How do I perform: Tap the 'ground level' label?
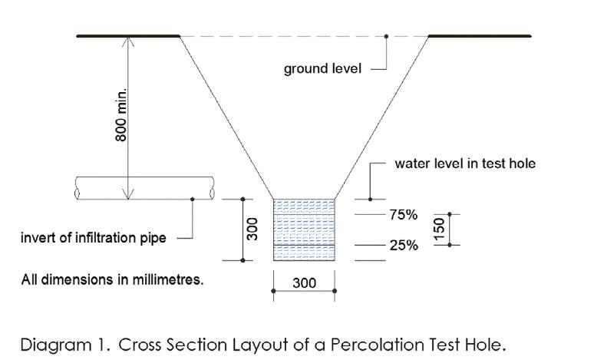pyautogui.click(x=323, y=69)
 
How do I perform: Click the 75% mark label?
pyautogui.click(x=403, y=215)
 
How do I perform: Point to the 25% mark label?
pyautogui.click(x=403, y=246)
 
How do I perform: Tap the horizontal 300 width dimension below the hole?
pyautogui.click(x=305, y=283)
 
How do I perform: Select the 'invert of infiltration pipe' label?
pyautogui.click(x=93, y=238)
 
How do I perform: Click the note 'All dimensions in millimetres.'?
pyautogui.click(x=112, y=279)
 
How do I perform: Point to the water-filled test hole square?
pyautogui.click(x=305, y=230)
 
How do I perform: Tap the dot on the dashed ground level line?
pyautogui.click(x=386, y=36)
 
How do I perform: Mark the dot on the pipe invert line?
pyautogui.click(x=192, y=199)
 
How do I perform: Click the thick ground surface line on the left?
pyautogui.click(x=127, y=36)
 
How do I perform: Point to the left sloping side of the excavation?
pyautogui.click(x=226, y=115)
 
